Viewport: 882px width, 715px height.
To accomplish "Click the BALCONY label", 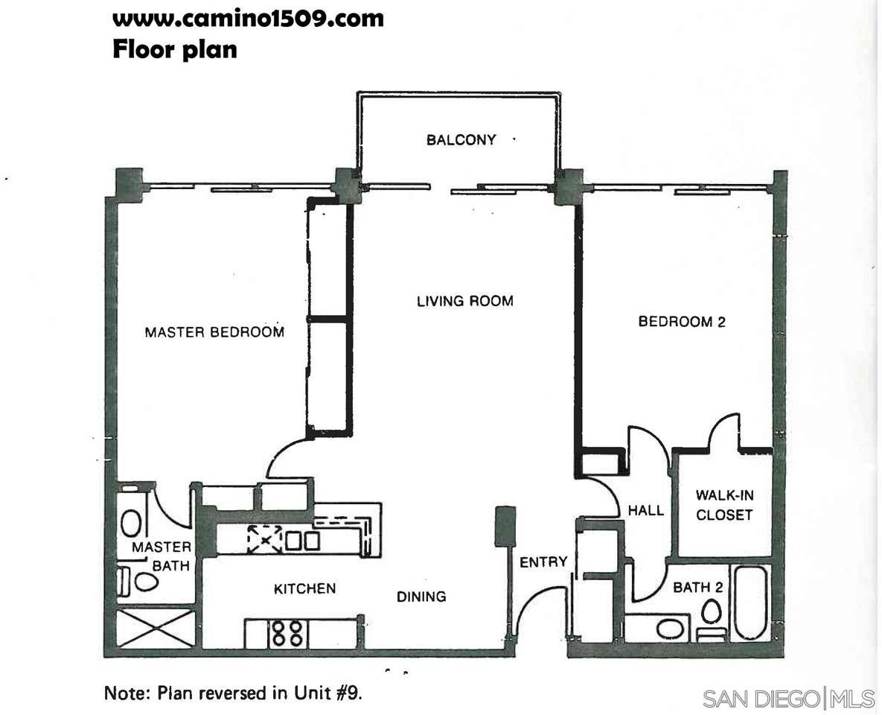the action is click(x=461, y=139).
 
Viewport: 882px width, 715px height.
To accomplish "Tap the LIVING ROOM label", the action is click(x=465, y=301).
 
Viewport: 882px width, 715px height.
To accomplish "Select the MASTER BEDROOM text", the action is click(x=214, y=332).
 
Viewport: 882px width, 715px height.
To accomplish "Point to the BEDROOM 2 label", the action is click(x=682, y=322).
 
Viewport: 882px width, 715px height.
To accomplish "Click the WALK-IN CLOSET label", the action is click(x=724, y=505).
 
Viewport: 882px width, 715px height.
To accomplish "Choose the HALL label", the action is click(x=646, y=511).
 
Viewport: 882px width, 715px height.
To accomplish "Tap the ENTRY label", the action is click(x=543, y=562).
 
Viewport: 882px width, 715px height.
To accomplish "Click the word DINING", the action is click(x=421, y=597).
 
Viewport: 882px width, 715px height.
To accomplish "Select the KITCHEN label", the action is click(x=305, y=589).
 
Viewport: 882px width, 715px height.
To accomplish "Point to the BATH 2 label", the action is click(x=698, y=587).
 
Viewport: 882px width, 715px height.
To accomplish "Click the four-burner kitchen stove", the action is click(x=287, y=633).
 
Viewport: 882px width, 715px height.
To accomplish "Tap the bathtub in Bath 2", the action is click(x=751, y=603).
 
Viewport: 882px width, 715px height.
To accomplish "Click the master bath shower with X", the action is click(x=156, y=629).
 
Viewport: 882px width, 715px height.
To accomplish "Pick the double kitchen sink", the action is click(x=303, y=541).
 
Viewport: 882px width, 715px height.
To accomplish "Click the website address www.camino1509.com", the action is click(x=248, y=19).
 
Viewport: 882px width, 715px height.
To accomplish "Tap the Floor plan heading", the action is click(x=175, y=49).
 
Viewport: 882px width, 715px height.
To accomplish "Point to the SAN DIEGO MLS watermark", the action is click(x=789, y=699).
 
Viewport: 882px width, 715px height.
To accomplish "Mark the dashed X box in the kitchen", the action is click(x=264, y=538).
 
